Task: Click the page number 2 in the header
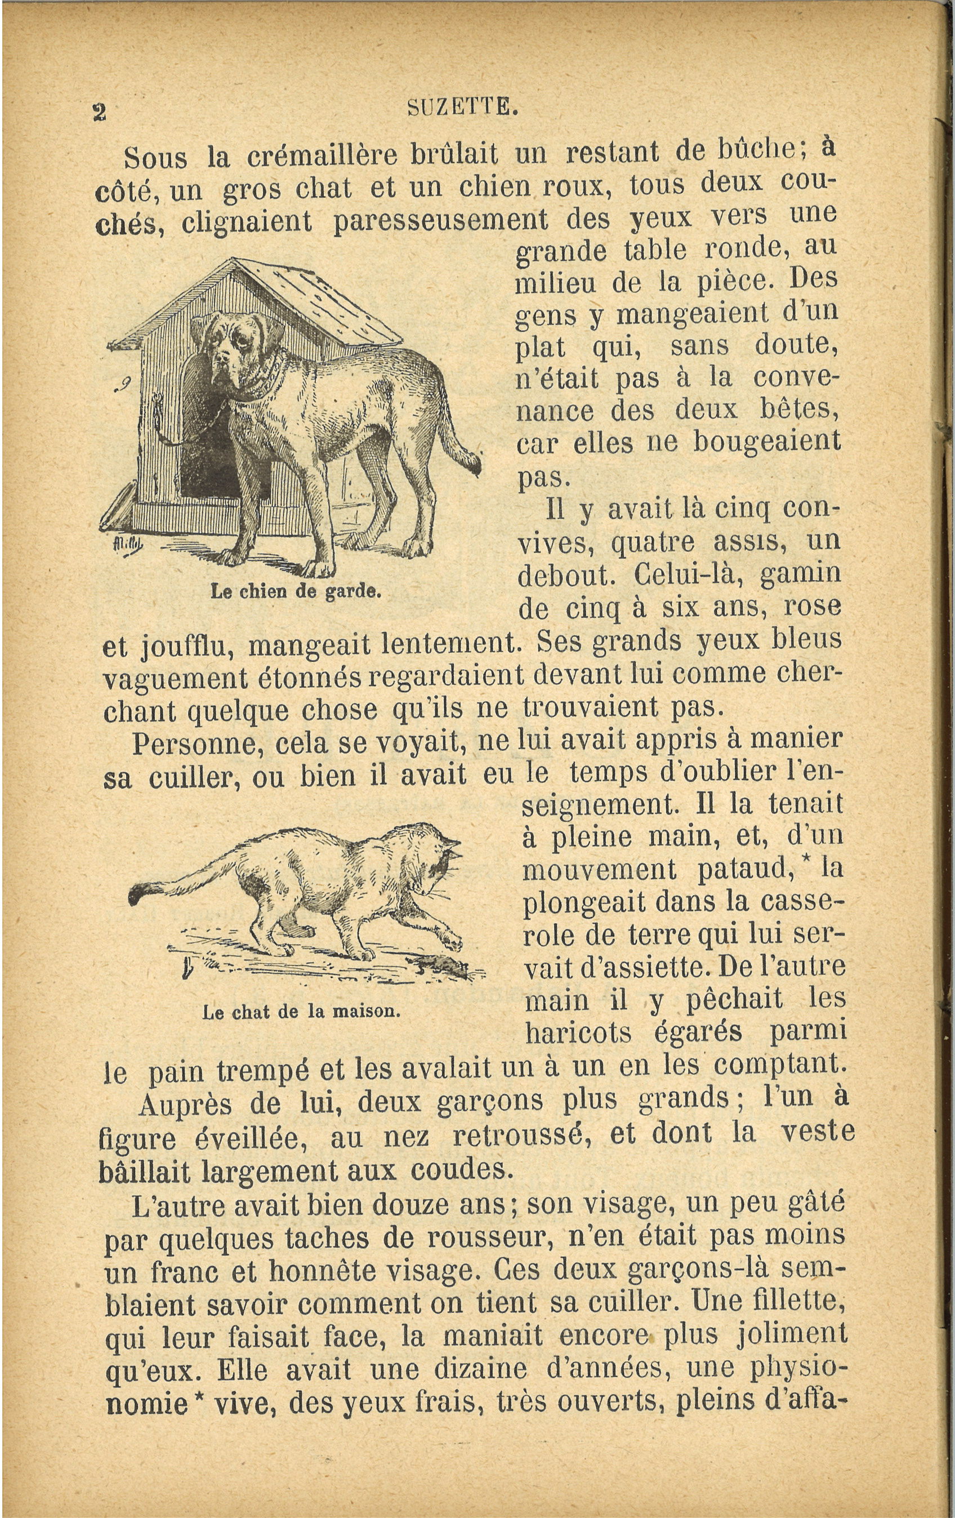[99, 112]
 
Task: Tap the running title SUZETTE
[463, 108]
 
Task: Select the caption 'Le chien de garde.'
[296, 591]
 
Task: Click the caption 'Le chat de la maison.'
[301, 1012]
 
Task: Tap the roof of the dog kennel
[315, 302]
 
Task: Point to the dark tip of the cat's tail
[137, 893]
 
